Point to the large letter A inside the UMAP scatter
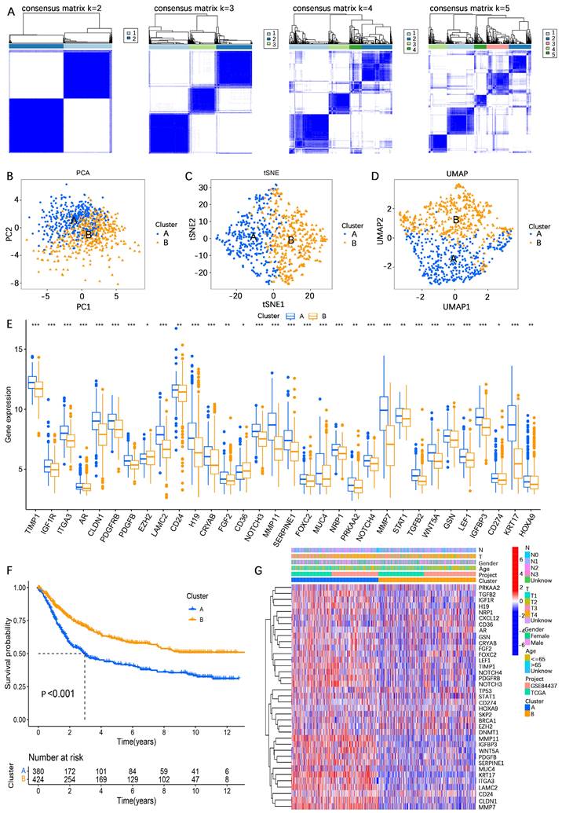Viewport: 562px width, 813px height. pos(453,258)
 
